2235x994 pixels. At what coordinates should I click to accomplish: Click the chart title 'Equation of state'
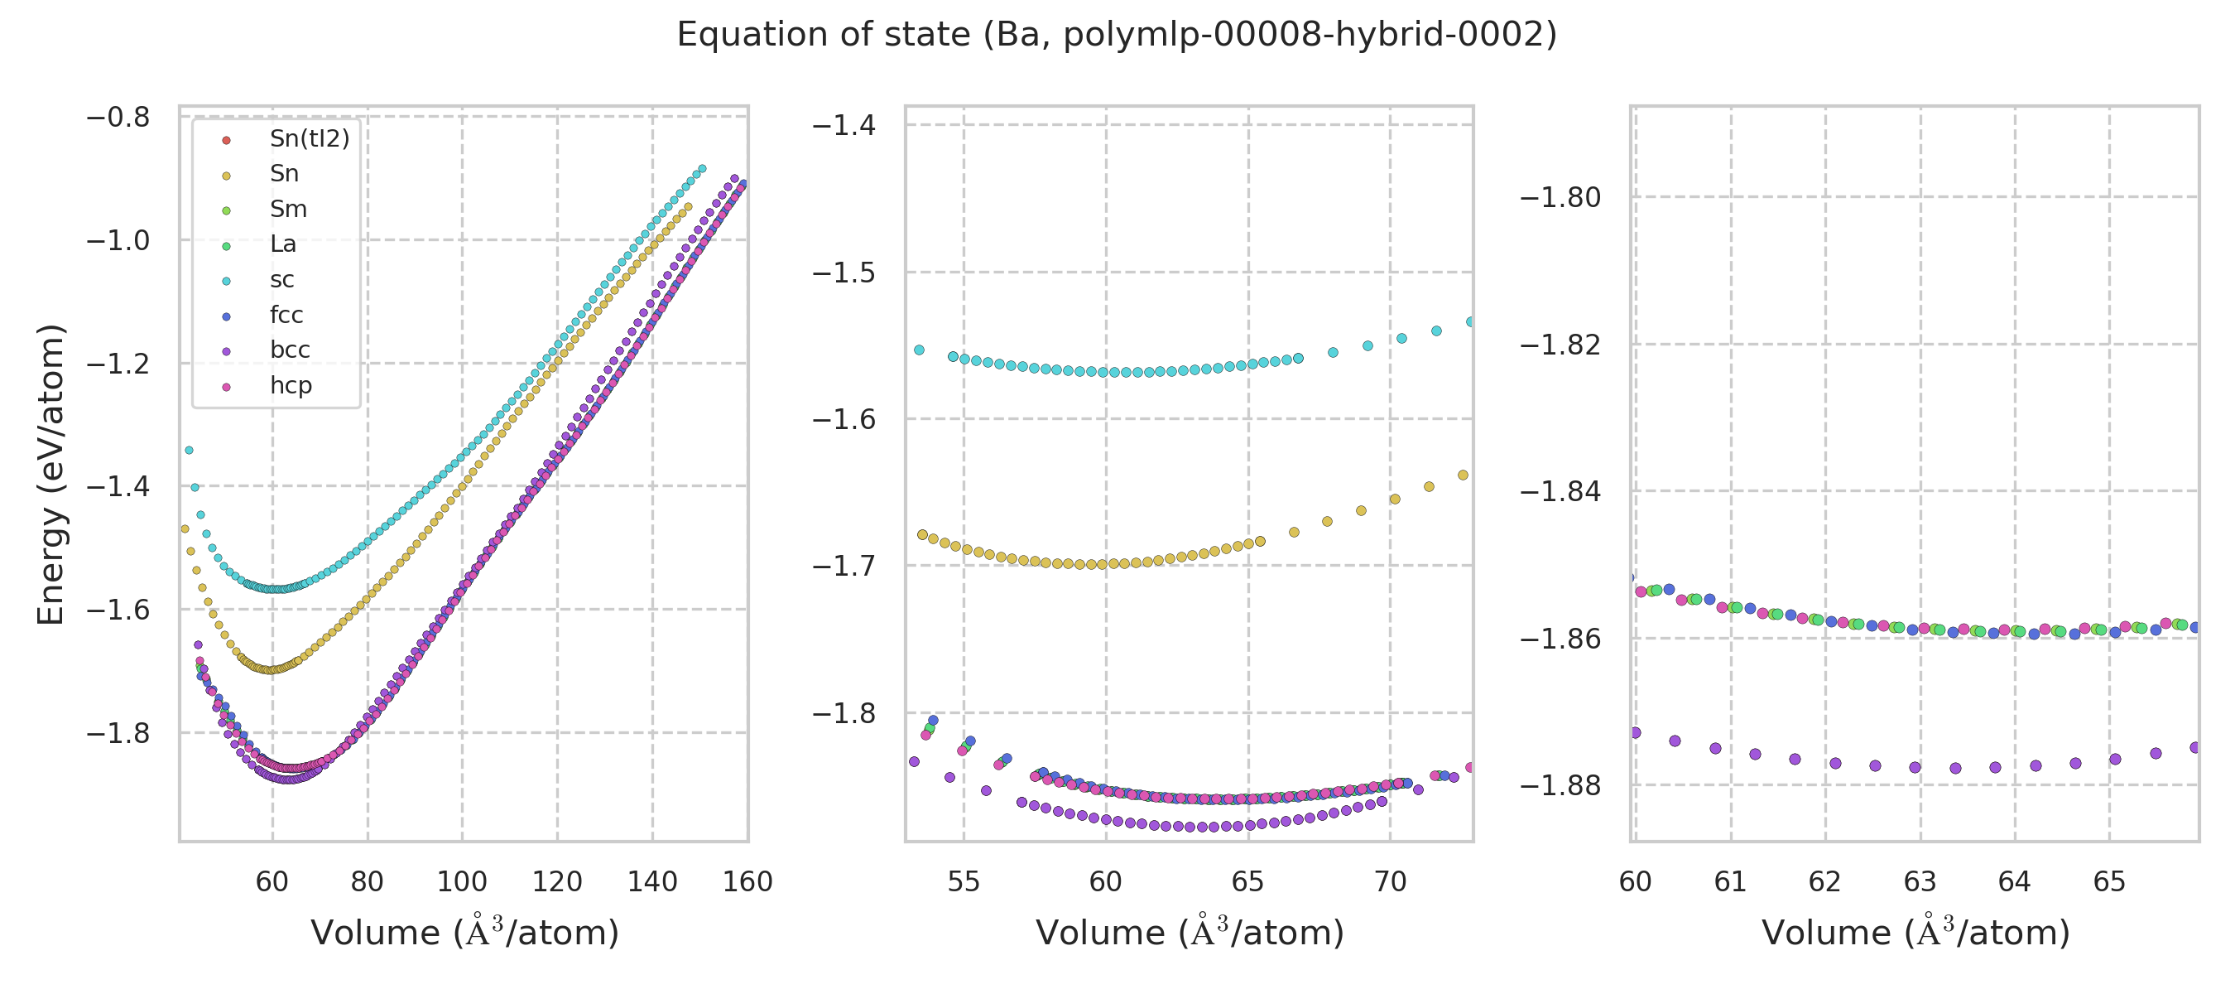tap(1117, 35)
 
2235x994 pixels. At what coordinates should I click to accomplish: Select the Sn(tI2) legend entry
tap(309, 139)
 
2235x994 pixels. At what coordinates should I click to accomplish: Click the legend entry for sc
tap(282, 279)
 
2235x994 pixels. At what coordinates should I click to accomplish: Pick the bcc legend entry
tap(290, 350)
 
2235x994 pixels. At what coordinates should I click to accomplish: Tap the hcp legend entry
tap(291, 385)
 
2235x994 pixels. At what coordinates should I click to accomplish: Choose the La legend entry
tap(283, 244)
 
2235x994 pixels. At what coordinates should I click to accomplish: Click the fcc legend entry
tap(286, 315)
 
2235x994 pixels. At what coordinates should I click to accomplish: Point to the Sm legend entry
tap(288, 210)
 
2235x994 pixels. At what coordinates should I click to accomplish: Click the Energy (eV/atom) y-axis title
tap(51, 474)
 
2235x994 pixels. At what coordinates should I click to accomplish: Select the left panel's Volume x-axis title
tap(465, 934)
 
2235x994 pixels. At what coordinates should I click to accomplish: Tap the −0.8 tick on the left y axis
tap(118, 117)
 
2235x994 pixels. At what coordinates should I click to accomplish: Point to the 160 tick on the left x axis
tap(747, 882)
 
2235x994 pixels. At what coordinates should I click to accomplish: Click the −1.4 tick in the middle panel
tap(844, 126)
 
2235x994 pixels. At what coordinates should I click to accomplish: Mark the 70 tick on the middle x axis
tap(1390, 882)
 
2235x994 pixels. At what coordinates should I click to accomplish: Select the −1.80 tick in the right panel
tap(1560, 198)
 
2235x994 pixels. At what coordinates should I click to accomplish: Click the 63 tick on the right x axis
tap(1919, 882)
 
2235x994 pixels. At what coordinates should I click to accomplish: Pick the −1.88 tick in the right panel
tap(1560, 785)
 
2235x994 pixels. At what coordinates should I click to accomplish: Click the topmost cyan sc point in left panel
tap(702, 169)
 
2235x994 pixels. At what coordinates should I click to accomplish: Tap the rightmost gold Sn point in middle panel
tap(1463, 475)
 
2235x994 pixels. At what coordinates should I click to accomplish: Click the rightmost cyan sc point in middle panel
tap(1471, 322)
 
